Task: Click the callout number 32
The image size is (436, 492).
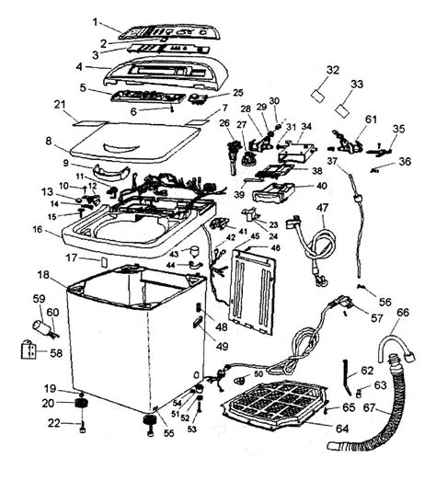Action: pos(333,70)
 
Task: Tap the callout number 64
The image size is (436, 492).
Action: pos(342,428)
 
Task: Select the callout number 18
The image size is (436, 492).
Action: pos(43,275)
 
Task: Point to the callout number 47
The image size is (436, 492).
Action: pos(322,208)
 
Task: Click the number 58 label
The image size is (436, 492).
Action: pos(56,353)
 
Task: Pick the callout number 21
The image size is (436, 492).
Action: pos(60,104)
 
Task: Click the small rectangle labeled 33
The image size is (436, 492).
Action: pos(342,110)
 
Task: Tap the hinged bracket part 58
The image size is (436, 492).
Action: pos(29,349)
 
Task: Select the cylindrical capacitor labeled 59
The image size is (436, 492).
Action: pos(42,326)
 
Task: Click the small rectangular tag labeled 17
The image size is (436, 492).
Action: pos(104,262)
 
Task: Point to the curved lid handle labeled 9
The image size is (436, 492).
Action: pos(111,173)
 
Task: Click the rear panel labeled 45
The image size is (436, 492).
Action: pos(254,291)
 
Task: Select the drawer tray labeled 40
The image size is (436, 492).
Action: pos(273,191)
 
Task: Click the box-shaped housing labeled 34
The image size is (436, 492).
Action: pos(297,152)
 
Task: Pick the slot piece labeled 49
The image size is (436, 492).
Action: pos(199,322)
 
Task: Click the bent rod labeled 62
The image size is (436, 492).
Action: pos(347,376)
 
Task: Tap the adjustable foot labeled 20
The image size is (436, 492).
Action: pos(81,404)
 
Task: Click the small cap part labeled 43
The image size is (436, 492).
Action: pos(195,251)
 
